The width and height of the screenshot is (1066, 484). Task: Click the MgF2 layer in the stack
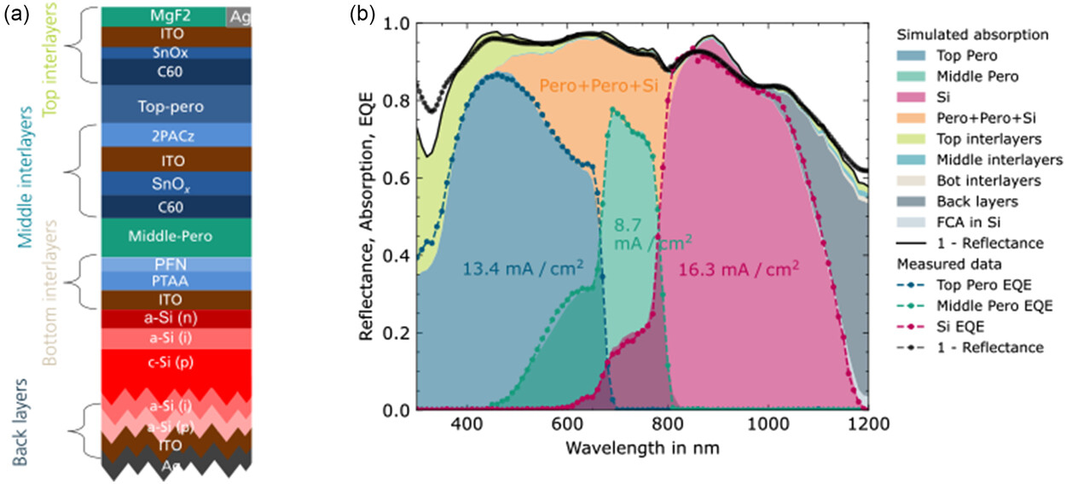[163, 16]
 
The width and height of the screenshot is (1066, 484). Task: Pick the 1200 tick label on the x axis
[868, 423]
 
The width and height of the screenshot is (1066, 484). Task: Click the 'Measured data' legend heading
[936, 265]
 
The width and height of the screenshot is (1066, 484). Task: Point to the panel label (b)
[362, 15]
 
